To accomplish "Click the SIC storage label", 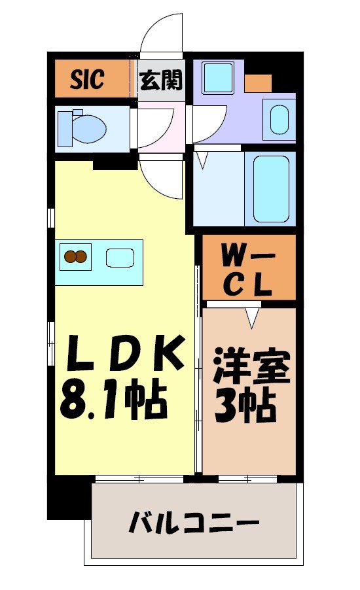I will click(88, 80).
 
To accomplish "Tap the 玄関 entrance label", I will click(161, 81).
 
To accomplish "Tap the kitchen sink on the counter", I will click(120, 258).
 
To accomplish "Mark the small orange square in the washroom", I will click(258, 83).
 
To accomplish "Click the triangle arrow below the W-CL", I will click(252, 317).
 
